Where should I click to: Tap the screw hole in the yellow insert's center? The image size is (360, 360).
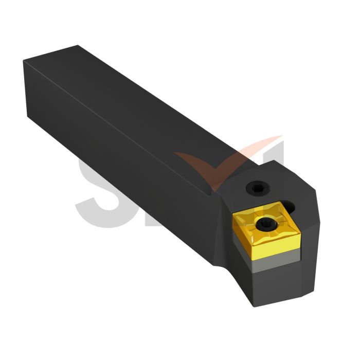pos(267,223)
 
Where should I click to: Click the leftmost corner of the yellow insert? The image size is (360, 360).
pos(232,217)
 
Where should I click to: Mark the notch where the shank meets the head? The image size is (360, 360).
pos(212,193)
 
